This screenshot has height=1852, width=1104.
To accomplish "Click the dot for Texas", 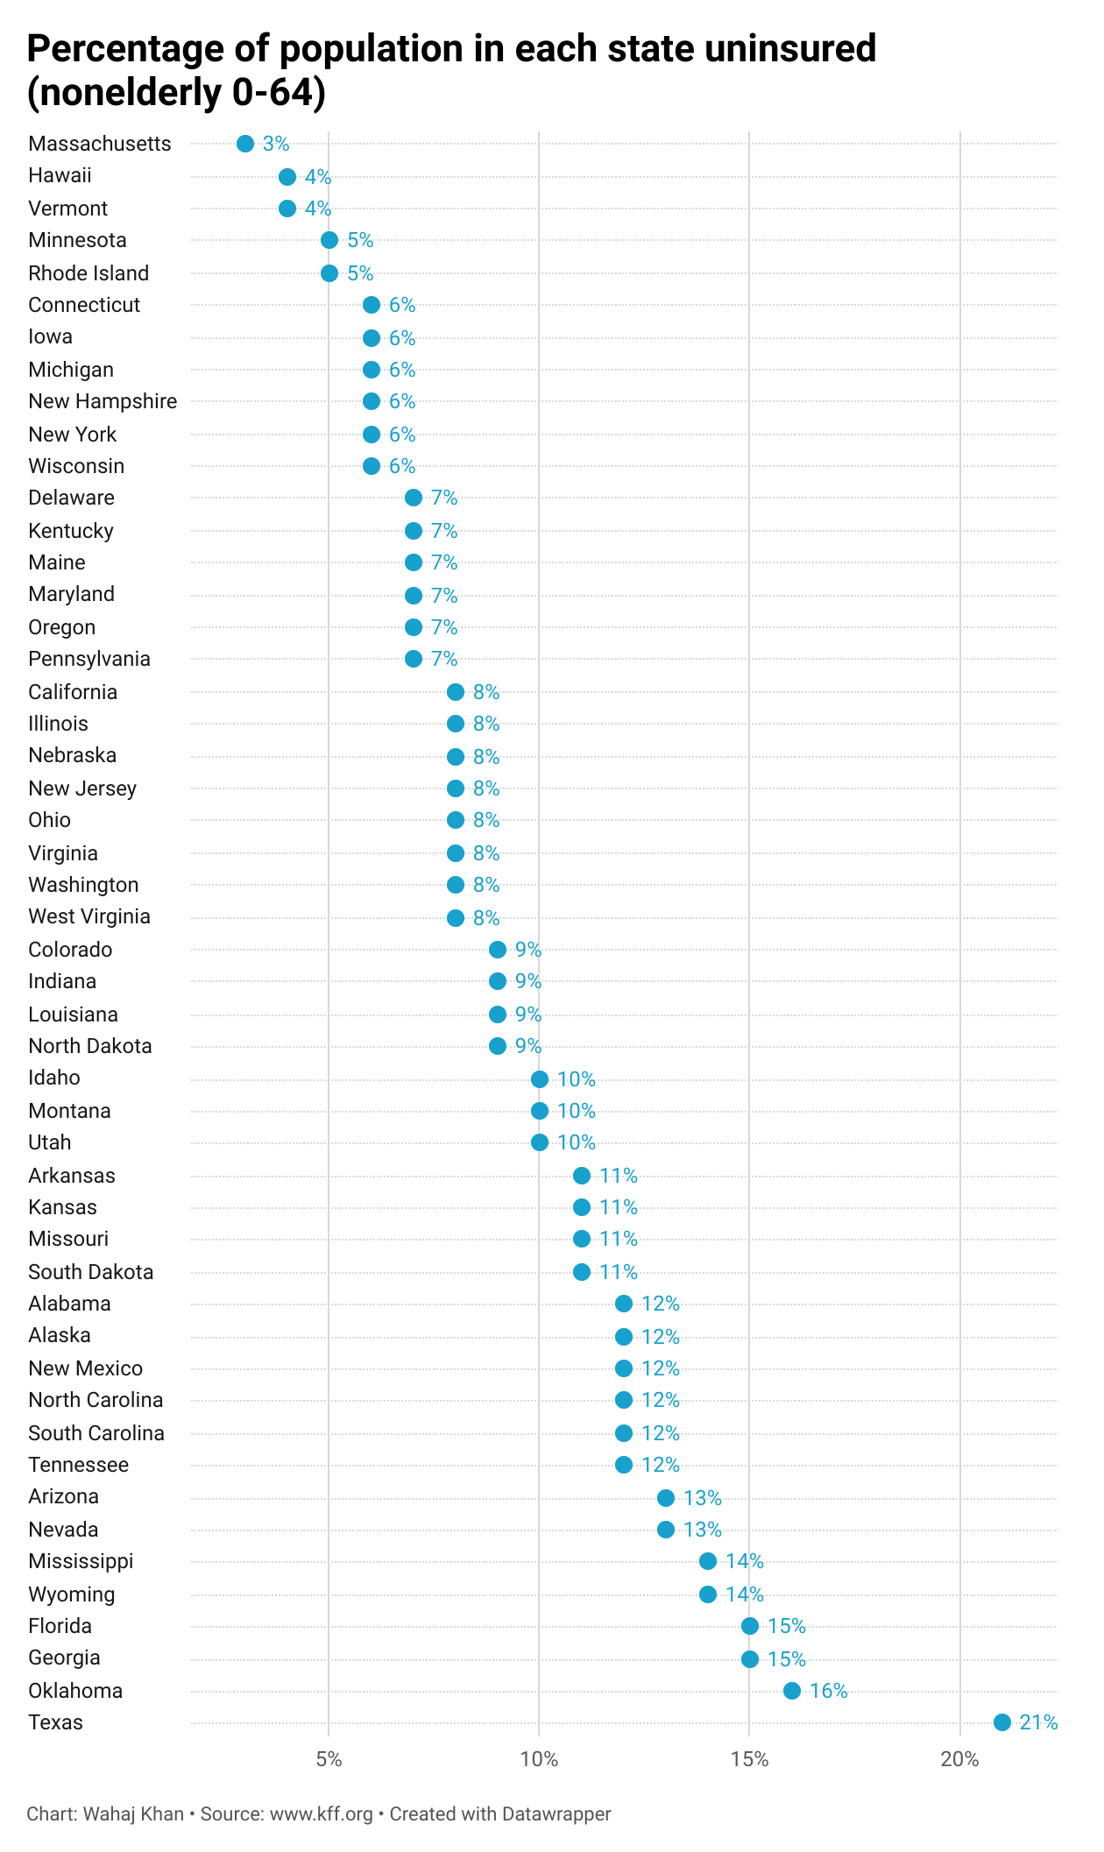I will tap(1002, 1722).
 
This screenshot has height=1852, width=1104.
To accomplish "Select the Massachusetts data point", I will tap(245, 144).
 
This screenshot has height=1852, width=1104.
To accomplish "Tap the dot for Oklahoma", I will tap(792, 1691).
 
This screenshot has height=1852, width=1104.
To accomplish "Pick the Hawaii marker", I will tap(287, 177).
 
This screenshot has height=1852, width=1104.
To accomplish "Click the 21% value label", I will tap(1039, 1722).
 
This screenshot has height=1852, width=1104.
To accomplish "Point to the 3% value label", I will tap(276, 144).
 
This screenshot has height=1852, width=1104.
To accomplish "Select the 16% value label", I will tap(829, 1691).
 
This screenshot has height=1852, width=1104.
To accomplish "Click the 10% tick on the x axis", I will tap(540, 1759).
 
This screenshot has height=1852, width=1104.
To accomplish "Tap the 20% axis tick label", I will tap(960, 1759).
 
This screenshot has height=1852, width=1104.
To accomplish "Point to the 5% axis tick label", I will tap(329, 1759).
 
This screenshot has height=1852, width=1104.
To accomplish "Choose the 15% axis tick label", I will tap(750, 1759).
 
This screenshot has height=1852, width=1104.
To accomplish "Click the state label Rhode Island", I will tap(88, 273).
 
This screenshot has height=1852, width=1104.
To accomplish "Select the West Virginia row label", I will tap(89, 916).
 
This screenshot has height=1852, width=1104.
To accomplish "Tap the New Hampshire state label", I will tap(103, 401).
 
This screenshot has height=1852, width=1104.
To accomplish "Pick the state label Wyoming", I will tap(72, 1594).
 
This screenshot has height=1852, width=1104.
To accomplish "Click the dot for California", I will tap(456, 692).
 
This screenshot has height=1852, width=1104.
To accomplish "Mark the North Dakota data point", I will tap(498, 1046).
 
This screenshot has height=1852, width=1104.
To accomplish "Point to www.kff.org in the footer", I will tap(322, 1813).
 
